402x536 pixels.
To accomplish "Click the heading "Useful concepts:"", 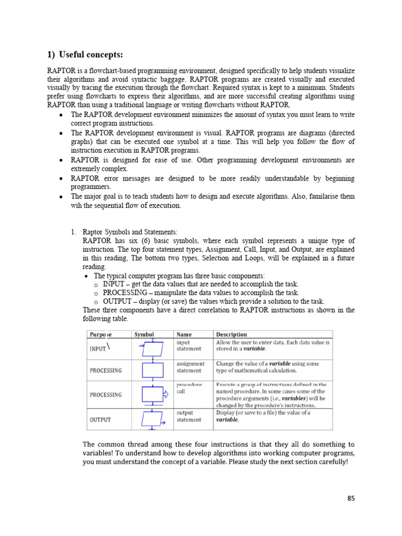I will pyautogui.click(x=92, y=55).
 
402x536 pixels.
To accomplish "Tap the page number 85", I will pyautogui.click(x=351, y=498).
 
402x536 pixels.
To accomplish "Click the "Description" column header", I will pyautogui.click(x=232, y=334).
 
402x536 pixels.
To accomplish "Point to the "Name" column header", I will pyautogui.click(x=184, y=334).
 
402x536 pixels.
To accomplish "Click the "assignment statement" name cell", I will pyautogui.click(x=191, y=367).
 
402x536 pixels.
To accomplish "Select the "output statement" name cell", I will pyautogui.click(x=188, y=416).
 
